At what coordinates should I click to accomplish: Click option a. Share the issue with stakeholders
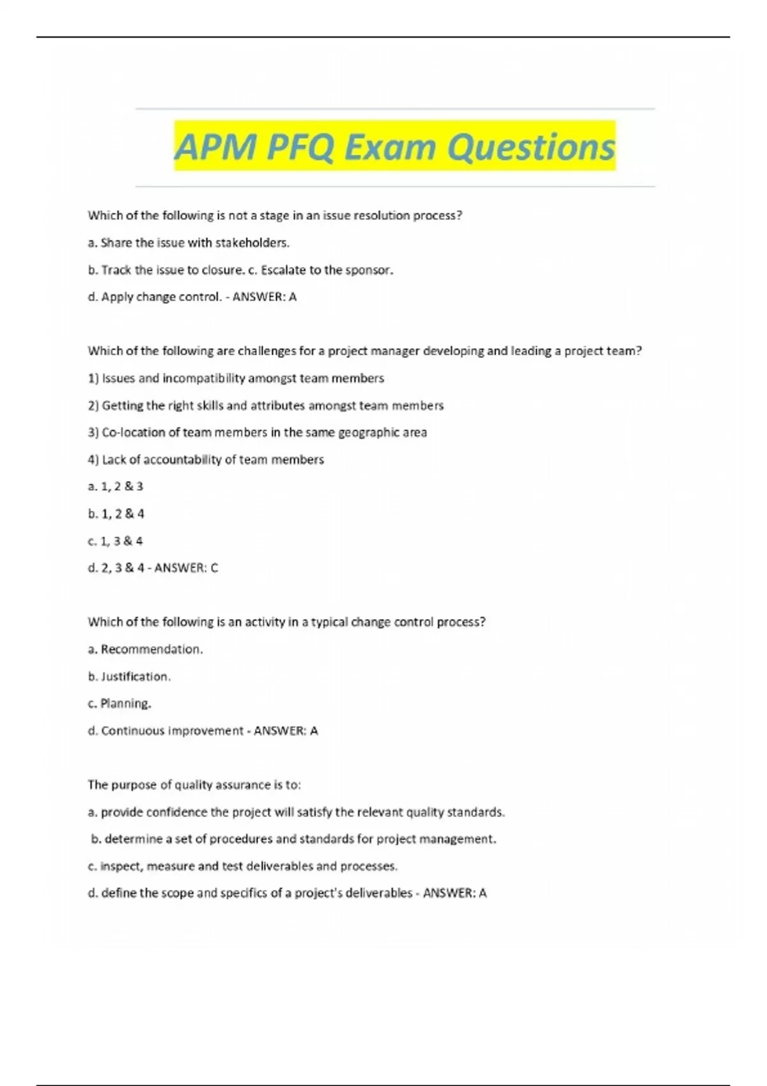click(x=189, y=243)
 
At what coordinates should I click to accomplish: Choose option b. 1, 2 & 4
click(x=116, y=514)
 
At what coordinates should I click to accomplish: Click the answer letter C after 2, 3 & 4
click(x=214, y=568)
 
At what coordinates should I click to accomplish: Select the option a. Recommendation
click(x=145, y=650)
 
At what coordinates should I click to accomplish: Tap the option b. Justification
click(x=129, y=677)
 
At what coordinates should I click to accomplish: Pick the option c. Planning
click(x=120, y=703)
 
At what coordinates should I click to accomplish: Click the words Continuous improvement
click(x=172, y=731)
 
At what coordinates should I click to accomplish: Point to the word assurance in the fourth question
click(x=245, y=785)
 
